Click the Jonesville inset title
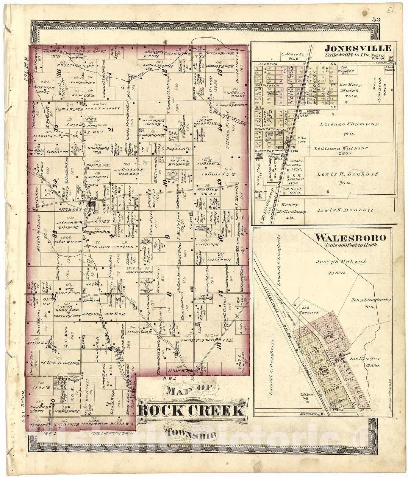tap(358, 48)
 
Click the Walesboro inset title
tap(351, 238)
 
